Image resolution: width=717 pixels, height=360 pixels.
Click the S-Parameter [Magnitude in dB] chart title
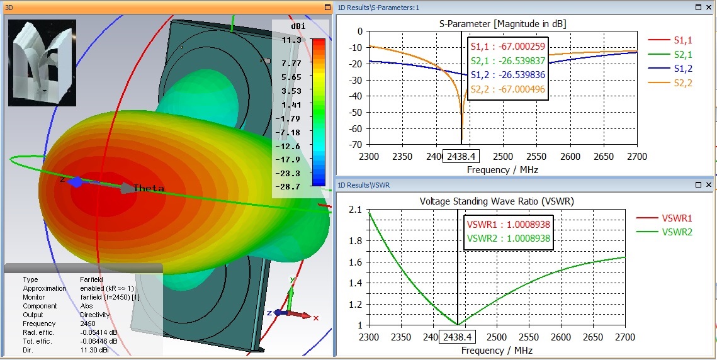point(502,23)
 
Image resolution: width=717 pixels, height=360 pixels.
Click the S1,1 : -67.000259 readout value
point(508,47)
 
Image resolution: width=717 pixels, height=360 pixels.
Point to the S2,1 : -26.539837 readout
point(508,61)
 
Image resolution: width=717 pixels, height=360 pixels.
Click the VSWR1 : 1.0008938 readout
point(509,224)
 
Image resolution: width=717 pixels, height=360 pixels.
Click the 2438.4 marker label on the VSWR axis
point(457,337)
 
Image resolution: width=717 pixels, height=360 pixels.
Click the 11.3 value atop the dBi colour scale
point(292,40)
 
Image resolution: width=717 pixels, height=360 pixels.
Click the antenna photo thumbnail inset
point(42,63)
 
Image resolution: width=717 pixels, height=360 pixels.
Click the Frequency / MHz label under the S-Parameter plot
point(502,169)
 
